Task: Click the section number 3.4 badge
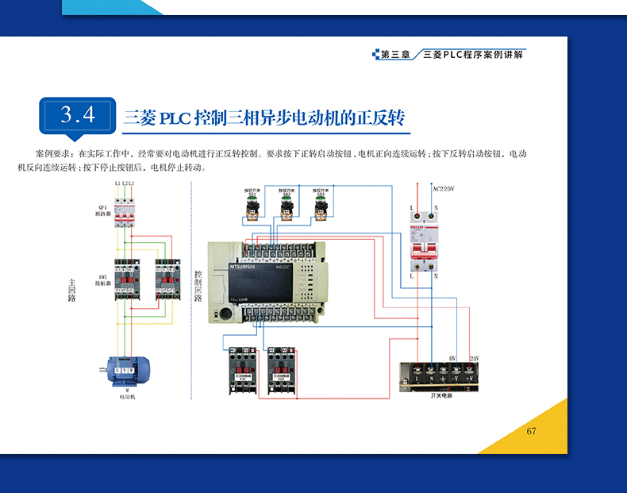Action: click(x=78, y=115)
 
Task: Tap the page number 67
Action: click(x=532, y=430)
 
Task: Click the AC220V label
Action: click(x=443, y=190)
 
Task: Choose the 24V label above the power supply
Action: click(x=475, y=359)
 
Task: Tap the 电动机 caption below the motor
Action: click(x=127, y=397)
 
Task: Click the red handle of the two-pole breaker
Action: click(x=423, y=246)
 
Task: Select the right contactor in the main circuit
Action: click(x=167, y=277)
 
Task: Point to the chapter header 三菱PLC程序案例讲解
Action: click(x=474, y=55)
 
